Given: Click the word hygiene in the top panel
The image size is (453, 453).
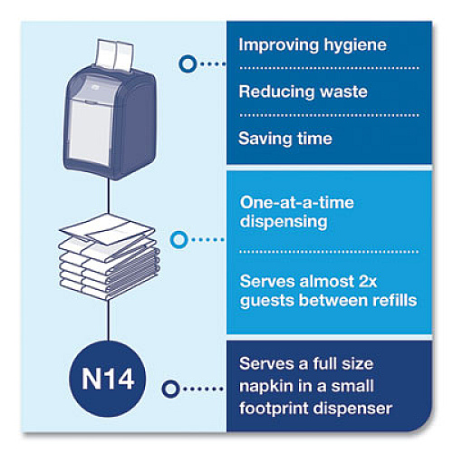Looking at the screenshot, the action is tap(355, 45).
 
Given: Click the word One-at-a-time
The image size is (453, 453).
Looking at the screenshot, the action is tap(296, 202).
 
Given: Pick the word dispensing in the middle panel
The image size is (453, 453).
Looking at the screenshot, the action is tap(284, 222).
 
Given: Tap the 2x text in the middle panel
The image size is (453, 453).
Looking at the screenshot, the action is tap(367, 282).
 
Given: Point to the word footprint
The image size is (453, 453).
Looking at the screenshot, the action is tap(274, 409).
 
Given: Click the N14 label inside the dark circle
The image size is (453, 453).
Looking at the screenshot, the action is tap(108, 379).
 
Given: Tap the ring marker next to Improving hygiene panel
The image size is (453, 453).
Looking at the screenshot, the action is tap(188, 63).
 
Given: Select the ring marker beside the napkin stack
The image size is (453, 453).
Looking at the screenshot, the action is tap(179, 240).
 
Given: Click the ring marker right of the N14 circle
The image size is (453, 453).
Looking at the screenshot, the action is tap(170, 389).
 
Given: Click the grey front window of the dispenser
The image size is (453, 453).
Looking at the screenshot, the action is tap(91, 130).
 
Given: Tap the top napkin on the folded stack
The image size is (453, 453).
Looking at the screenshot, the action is tap(107, 228).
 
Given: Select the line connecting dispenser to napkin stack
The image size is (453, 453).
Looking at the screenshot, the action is tap(109, 196).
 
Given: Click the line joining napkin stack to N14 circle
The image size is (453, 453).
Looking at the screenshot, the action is tap(108, 320).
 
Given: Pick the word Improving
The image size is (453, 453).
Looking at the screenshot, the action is tap(279, 44).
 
